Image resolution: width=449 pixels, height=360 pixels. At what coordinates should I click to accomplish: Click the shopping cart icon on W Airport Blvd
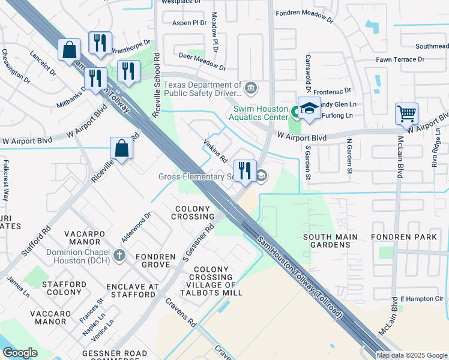(406, 113)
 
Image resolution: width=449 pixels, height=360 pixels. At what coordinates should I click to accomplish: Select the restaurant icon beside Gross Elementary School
(244, 171)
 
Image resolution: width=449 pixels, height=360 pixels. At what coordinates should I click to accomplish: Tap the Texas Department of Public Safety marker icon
(251, 89)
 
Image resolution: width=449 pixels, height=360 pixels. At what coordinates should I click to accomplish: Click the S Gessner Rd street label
(199, 243)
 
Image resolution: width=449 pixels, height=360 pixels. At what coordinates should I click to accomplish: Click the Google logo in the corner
(20, 352)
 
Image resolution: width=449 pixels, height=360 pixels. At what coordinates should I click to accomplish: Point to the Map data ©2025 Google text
(412, 355)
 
